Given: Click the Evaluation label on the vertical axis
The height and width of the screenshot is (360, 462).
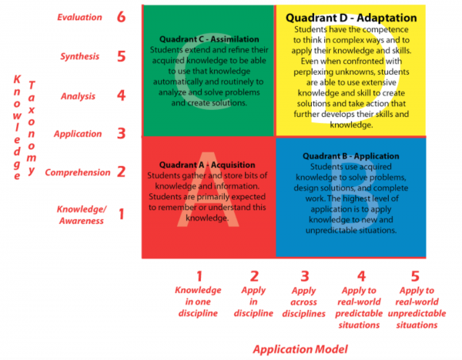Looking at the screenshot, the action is click(x=79, y=17).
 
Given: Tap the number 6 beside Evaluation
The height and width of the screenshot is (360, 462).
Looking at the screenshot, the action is click(x=121, y=17).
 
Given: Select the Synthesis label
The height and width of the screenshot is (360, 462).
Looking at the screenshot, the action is click(x=80, y=56).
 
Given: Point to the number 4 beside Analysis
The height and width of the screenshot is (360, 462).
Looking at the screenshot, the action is click(x=121, y=95).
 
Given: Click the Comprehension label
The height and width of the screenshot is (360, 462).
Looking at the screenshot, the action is click(x=78, y=172).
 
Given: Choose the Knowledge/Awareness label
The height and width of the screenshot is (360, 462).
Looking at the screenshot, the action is click(x=82, y=215).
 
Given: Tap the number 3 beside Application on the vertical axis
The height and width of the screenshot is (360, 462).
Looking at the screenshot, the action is click(x=122, y=133).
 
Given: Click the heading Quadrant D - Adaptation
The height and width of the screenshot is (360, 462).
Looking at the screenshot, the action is click(x=351, y=18).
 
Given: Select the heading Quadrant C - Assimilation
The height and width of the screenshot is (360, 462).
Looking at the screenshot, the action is click(x=209, y=39).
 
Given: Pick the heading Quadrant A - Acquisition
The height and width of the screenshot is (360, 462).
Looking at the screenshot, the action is click(x=207, y=165).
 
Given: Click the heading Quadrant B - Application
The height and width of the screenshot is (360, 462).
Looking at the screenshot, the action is click(x=351, y=156).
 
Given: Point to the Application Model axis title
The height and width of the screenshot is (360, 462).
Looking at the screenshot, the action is click(x=300, y=349).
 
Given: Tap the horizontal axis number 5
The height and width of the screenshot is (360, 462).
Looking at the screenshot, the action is click(x=415, y=276).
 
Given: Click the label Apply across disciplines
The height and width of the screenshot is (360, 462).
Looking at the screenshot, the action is click(x=304, y=302).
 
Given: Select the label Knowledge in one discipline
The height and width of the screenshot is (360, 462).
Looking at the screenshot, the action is click(x=198, y=302).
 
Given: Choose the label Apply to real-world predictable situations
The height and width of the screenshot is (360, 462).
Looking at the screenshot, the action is click(x=359, y=308).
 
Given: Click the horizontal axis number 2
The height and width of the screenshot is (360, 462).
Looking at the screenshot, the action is click(x=254, y=276).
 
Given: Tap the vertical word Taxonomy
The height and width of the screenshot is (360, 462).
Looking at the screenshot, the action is click(x=32, y=128).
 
